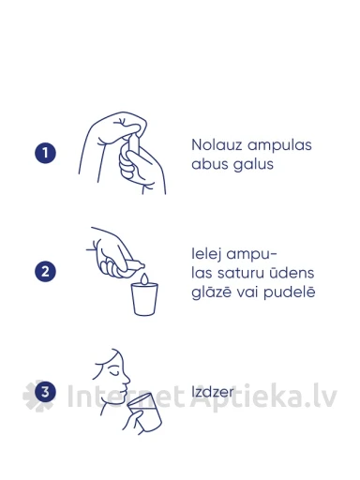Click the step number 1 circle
[45, 153]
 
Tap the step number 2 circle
[45, 271]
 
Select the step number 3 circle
[45, 392]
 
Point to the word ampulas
[279, 146]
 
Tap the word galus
[253, 165]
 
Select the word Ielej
[206, 255]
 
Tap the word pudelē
[290, 293]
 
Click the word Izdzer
[212, 392]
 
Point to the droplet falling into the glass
[144, 278]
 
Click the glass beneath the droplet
[144, 299]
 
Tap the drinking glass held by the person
[145, 412]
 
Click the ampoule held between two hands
[131, 146]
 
